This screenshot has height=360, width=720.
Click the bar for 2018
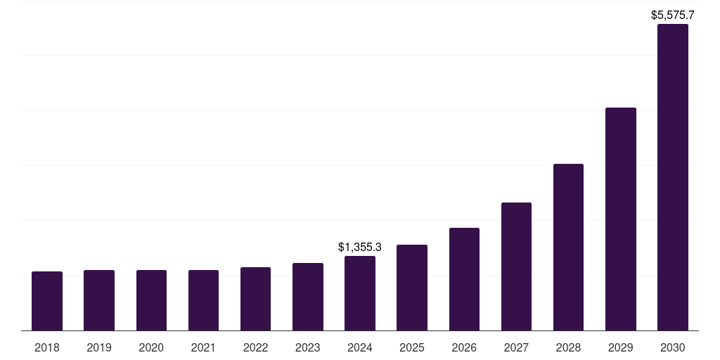tap(47, 301)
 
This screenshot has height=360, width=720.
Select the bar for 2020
tap(151, 300)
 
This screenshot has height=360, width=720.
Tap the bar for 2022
tap(255, 299)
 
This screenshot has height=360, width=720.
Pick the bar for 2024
tap(360, 293)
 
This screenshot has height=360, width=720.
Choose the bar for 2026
tap(464, 279)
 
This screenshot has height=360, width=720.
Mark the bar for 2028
tap(568, 247)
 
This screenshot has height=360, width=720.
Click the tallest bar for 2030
tap(673, 177)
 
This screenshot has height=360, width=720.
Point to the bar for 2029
tap(621, 219)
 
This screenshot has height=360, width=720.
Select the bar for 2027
tap(516, 266)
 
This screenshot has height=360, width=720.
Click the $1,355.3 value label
tap(360, 247)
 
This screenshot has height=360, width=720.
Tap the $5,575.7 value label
tap(673, 15)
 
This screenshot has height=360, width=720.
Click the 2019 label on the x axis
tap(99, 347)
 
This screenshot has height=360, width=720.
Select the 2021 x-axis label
tap(203, 347)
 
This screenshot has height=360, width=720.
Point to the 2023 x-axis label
tap(308, 347)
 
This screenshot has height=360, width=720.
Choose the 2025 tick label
tap(412, 347)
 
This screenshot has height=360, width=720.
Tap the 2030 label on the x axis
tap(673, 347)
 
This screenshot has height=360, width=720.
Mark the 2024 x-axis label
tap(360, 347)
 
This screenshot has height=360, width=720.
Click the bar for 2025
tap(412, 288)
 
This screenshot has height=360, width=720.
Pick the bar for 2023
tap(308, 297)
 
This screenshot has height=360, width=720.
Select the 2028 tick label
tap(568, 347)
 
